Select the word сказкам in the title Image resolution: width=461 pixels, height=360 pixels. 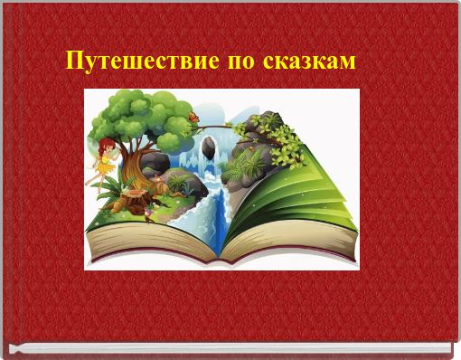308,63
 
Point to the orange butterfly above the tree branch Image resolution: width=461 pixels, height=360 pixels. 193,116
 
